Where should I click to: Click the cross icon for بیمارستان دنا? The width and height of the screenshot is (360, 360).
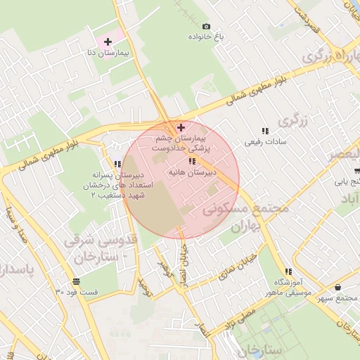click(x=108, y=43)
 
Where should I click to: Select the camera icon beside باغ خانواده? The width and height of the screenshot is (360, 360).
click(x=206, y=26)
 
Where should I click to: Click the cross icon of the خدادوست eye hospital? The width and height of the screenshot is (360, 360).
click(x=181, y=127)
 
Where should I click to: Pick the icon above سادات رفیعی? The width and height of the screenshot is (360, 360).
click(x=265, y=131)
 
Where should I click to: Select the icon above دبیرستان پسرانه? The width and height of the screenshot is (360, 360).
click(x=117, y=165)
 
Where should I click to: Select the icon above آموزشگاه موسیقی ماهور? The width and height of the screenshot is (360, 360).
click(x=288, y=271)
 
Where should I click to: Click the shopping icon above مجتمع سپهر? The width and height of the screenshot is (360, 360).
click(x=338, y=287)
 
